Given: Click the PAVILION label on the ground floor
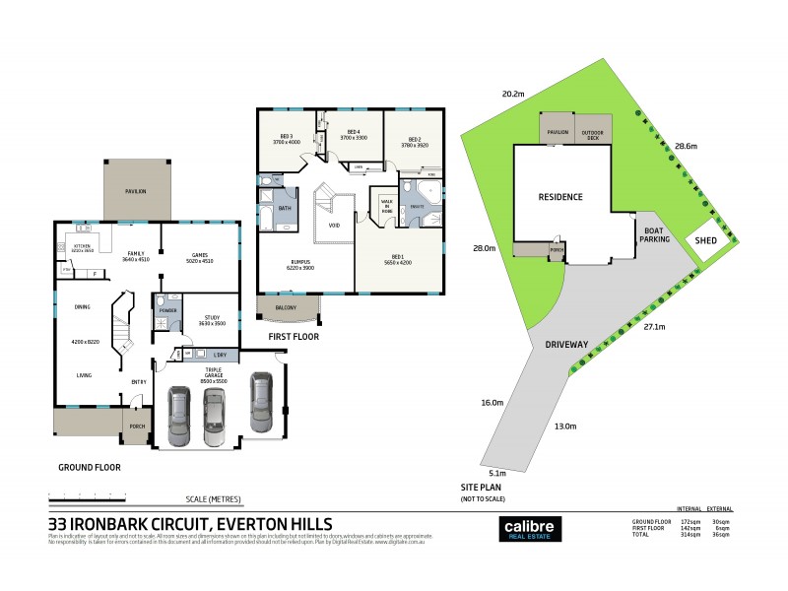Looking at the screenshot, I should tap(135, 190).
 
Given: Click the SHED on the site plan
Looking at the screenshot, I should tap(706, 239).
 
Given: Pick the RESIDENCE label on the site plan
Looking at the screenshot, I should tap(559, 197).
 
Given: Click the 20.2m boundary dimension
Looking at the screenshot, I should tap(512, 95).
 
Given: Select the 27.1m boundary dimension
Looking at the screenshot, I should tap(654, 326).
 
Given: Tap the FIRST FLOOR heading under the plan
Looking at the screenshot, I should tap(293, 337).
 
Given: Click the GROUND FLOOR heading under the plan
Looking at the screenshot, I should tap(89, 468).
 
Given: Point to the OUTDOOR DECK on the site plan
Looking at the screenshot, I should tap(593, 133).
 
